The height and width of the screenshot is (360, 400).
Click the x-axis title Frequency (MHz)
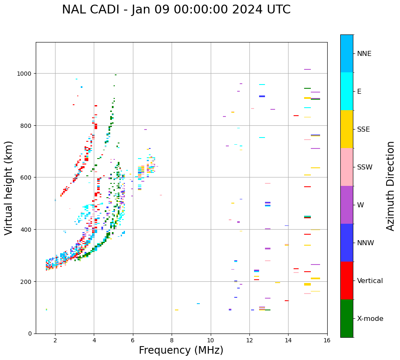click(181, 350)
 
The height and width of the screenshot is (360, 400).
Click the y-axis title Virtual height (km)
click(9, 188)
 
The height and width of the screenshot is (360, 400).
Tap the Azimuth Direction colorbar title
click(391, 186)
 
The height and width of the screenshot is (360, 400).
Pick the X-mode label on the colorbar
click(370, 319)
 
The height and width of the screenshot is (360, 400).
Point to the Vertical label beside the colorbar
click(370, 281)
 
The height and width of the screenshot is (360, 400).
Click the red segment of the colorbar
click(347, 281)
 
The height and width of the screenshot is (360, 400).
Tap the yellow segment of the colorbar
click(347, 129)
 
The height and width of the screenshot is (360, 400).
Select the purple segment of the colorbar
click(347, 205)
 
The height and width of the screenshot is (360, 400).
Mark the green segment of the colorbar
click(347, 318)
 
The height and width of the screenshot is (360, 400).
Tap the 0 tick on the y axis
click(31, 334)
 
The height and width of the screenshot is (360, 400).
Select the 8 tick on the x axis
click(172, 341)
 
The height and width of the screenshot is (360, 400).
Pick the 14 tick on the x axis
click(288, 341)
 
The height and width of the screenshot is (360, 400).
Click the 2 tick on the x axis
click(55, 341)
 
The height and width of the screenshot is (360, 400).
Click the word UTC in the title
click(278, 10)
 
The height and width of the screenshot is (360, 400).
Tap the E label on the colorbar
click(359, 91)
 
